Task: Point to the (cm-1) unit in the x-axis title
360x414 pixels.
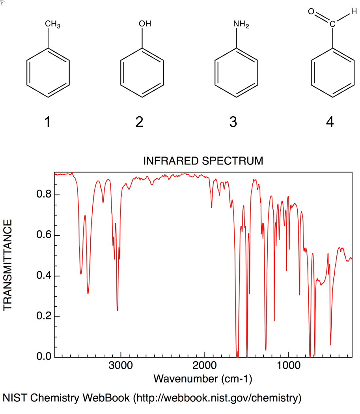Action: [235, 379]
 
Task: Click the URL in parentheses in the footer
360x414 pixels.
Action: [217, 398]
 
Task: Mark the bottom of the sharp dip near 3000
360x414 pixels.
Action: [117, 311]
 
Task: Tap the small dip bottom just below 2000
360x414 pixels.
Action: [212, 207]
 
